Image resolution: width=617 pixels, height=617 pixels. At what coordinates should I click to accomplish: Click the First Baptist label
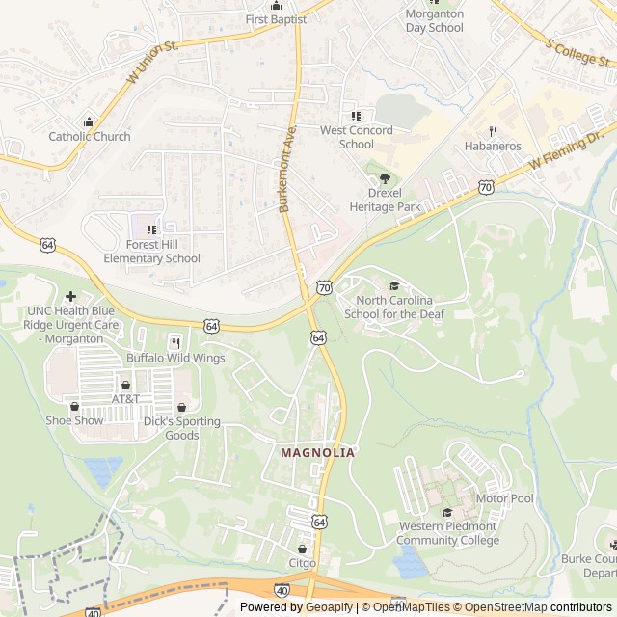tap(276, 19)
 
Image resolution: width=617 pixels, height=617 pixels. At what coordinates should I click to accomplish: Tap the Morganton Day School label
tap(434, 20)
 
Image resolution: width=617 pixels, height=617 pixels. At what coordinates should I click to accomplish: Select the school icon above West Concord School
tap(356, 116)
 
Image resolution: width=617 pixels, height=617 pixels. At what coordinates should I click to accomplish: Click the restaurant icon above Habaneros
tap(493, 131)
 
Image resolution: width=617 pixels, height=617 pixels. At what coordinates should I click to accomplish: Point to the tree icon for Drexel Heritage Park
tap(385, 178)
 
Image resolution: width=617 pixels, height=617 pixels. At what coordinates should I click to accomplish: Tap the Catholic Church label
tap(90, 136)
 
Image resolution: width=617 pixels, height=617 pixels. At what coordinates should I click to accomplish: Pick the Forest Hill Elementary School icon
tap(150, 229)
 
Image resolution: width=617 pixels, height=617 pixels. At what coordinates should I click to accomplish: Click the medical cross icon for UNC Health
tap(70, 296)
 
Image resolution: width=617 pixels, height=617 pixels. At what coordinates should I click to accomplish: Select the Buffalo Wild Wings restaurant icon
tap(175, 342)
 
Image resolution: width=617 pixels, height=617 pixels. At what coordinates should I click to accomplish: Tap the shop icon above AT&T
tap(125, 385)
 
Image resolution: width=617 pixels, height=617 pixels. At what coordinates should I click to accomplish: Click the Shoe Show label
tap(74, 420)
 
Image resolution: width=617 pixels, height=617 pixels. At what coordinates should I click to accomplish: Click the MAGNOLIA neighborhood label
tap(317, 452)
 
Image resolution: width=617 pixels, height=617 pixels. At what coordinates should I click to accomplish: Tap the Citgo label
tap(302, 562)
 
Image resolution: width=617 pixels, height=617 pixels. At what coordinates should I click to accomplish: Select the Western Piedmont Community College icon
tap(447, 512)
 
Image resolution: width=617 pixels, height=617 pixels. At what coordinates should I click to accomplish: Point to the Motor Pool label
tap(504, 498)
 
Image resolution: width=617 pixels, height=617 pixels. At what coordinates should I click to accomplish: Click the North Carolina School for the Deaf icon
tap(393, 285)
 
